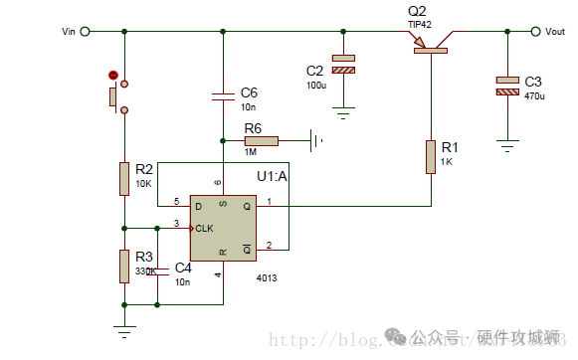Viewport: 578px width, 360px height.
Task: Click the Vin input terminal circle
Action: click(85, 32)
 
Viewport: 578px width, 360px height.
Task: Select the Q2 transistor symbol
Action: click(431, 41)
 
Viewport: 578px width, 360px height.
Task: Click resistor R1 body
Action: click(431, 156)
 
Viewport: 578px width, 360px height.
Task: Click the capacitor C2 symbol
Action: click(343, 65)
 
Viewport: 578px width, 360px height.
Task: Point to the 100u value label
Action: click(316, 86)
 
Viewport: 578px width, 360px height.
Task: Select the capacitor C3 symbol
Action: click(507, 87)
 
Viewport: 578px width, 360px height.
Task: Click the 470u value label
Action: click(534, 96)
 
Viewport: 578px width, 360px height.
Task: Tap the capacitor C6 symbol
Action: click(223, 96)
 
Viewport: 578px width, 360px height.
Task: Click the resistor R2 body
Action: click(124, 179)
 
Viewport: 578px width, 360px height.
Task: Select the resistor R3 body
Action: click(124, 265)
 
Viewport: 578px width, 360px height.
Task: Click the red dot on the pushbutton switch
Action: click(113, 76)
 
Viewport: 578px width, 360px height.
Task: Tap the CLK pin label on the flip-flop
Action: click(204, 228)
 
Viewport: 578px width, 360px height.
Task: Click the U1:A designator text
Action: click(272, 177)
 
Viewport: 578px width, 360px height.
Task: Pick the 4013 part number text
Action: click(267, 278)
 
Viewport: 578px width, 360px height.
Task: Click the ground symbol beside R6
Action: click(316, 140)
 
